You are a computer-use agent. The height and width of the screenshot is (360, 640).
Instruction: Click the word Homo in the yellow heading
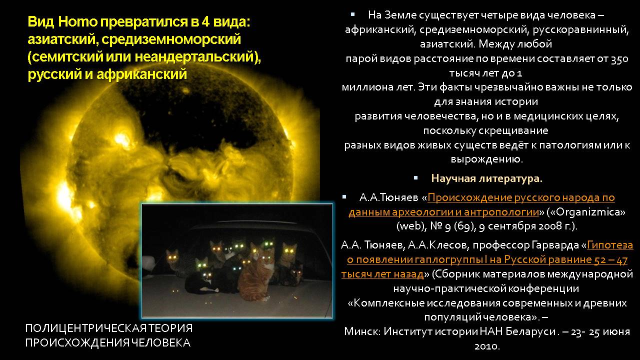(x=77, y=22)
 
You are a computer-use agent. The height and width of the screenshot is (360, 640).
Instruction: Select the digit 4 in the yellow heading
(x=205, y=22)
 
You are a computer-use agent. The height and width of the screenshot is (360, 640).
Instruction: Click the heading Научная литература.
(x=486, y=178)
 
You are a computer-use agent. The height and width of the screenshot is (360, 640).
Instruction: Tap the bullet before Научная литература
(x=415, y=178)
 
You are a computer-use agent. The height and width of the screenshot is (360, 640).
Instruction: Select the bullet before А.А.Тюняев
(x=344, y=196)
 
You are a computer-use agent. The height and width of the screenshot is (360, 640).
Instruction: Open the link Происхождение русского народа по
(x=521, y=197)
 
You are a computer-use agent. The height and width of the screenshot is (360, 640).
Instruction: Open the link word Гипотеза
(x=610, y=245)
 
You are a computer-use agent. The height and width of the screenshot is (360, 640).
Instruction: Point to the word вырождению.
(x=487, y=159)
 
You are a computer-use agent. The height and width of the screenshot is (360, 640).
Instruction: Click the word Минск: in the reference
(x=362, y=331)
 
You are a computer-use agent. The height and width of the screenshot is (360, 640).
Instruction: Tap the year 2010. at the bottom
(x=487, y=346)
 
